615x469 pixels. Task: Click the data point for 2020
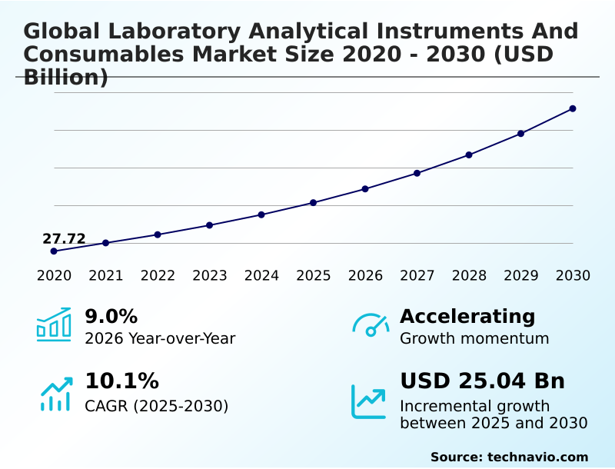pyautogui.click(x=54, y=251)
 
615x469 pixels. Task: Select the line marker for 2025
pyautogui.click(x=314, y=203)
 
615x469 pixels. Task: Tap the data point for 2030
pyautogui.click(x=573, y=108)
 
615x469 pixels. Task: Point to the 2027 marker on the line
pyautogui.click(x=417, y=173)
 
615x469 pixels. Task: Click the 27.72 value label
pyautogui.click(x=64, y=238)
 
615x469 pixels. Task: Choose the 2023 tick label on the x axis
pyautogui.click(x=210, y=276)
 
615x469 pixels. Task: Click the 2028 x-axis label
pyautogui.click(x=469, y=276)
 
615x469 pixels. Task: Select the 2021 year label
pyautogui.click(x=106, y=276)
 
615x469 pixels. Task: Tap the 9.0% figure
pyautogui.click(x=111, y=316)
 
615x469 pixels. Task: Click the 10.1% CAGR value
pyautogui.click(x=121, y=381)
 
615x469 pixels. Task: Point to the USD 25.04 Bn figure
pyautogui.click(x=482, y=381)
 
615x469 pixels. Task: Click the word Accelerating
pyautogui.click(x=467, y=316)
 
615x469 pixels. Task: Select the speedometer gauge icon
pyautogui.click(x=371, y=325)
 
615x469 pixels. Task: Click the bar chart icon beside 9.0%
pyautogui.click(x=54, y=324)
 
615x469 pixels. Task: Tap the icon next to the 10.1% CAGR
pyautogui.click(x=55, y=393)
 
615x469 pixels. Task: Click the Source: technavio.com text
pyautogui.click(x=509, y=457)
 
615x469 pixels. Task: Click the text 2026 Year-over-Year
pyautogui.click(x=160, y=339)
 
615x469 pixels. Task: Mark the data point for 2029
pyautogui.click(x=520, y=134)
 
